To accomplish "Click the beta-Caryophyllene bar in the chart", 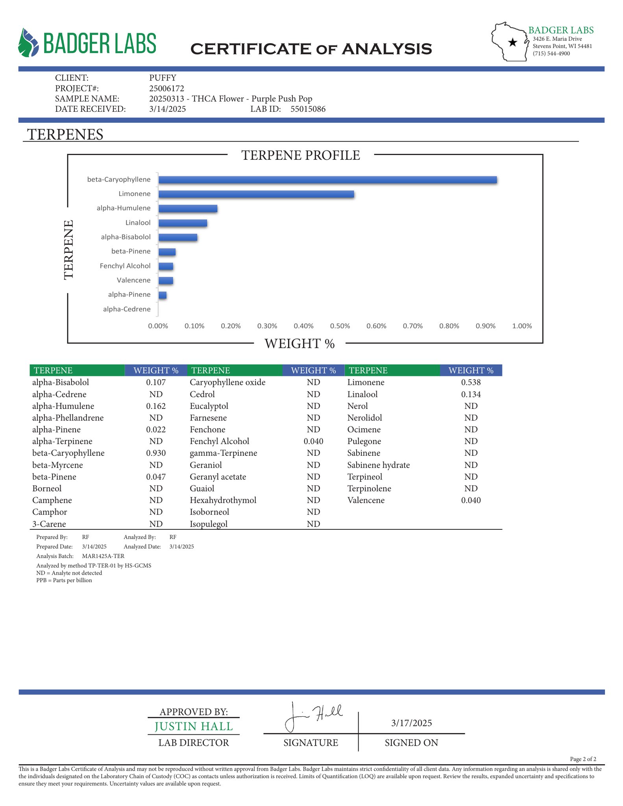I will pos(327,180).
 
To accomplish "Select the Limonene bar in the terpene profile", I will pos(256,194).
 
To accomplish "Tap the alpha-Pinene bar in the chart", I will pos(162,295).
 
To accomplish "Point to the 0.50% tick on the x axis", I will pos(340,326).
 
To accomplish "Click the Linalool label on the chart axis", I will pos(138,223).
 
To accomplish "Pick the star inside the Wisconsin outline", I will pos(512,43).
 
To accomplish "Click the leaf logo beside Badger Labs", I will pos(28,43).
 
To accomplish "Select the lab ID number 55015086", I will pos(308,109).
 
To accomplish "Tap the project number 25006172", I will pos(166,88).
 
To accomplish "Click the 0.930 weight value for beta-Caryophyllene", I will pos(156,453).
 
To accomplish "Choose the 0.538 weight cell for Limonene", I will pos(471,382).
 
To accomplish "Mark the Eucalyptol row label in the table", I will pos(209,406).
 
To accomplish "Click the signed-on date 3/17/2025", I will pos(411,723).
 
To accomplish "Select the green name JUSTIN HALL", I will pos(194,726).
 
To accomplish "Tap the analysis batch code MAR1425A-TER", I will pos(103,556).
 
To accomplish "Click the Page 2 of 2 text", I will pos(583,759).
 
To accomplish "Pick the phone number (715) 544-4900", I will pos(551,54).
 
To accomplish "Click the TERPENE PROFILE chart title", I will pos(300,155).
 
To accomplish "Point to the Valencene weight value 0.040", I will pos(471,500).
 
